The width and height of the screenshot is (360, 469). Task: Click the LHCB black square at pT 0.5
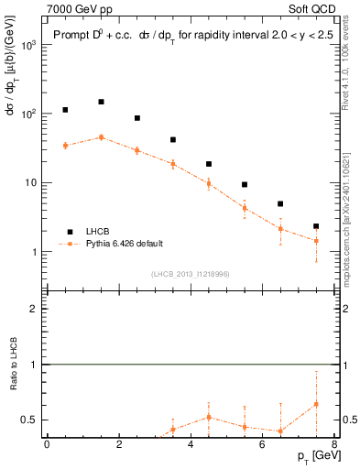coord(65,110)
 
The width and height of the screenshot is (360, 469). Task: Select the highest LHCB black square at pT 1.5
coord(101,102)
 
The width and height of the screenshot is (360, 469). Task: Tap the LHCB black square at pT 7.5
coord(316,226)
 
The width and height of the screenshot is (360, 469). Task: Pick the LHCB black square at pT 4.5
coord(209,164)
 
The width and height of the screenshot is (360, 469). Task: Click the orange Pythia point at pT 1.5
coord(101,137)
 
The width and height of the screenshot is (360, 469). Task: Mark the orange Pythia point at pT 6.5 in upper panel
coord(280,229)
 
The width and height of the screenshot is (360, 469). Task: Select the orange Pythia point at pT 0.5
coord(65,146)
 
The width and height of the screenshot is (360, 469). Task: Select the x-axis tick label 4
coord(191,444)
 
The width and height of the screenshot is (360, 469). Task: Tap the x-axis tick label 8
coord(334,444)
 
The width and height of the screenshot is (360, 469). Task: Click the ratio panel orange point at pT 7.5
coord(316,404)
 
